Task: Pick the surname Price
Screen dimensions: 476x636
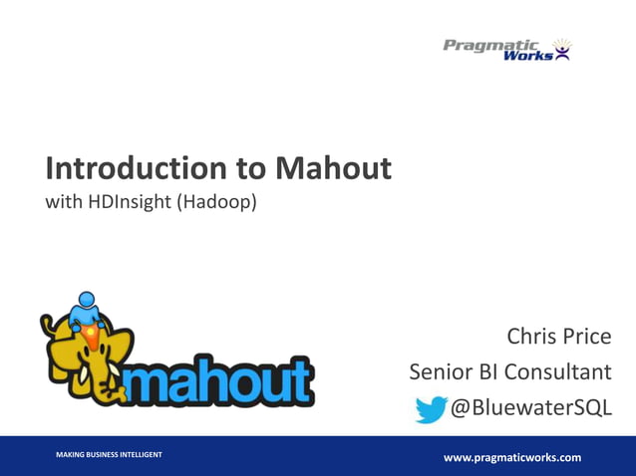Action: coord(589,337)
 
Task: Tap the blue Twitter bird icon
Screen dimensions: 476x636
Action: coord(431,408)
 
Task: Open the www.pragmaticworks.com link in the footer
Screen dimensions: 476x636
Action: coord(511,457)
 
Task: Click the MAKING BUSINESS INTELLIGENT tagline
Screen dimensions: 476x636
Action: coord(109,455)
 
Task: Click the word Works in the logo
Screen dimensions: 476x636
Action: coord(528,56)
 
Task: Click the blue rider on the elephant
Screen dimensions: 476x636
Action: coord(87,311)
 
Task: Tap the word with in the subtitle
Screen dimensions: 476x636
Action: coord(64,203)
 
